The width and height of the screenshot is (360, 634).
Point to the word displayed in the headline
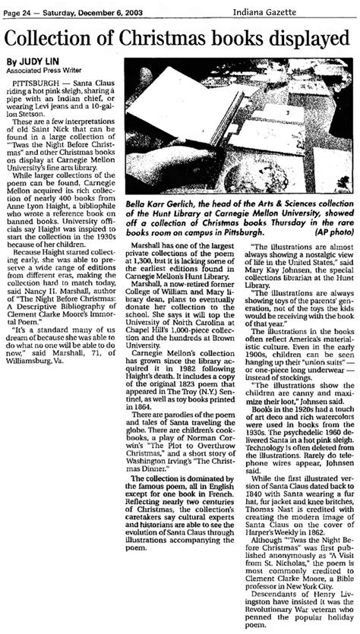coord(314,38)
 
